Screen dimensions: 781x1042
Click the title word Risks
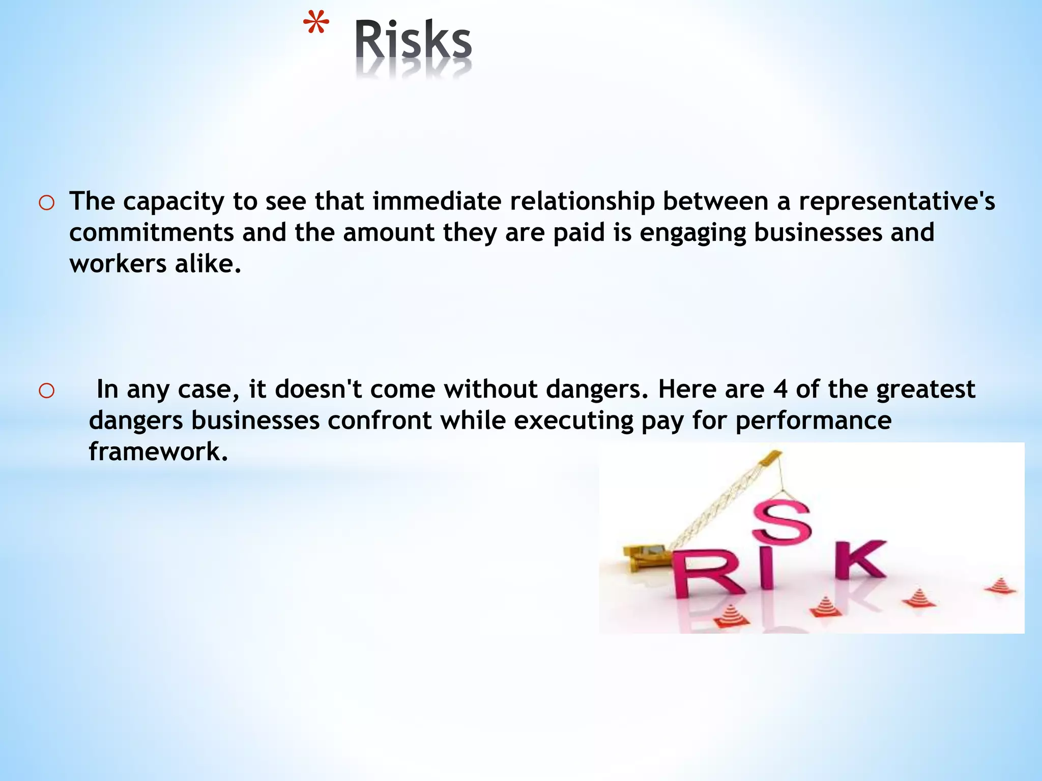413,41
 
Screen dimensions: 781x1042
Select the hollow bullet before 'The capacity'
46,203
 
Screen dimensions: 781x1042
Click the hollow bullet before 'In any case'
46,390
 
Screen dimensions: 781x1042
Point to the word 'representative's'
896,201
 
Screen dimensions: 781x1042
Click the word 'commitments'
151,233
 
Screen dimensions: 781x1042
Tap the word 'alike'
208,264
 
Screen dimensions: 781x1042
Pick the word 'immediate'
438,201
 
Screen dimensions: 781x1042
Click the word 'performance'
813,422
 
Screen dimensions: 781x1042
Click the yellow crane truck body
645,555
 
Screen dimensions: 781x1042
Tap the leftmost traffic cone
732,615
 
